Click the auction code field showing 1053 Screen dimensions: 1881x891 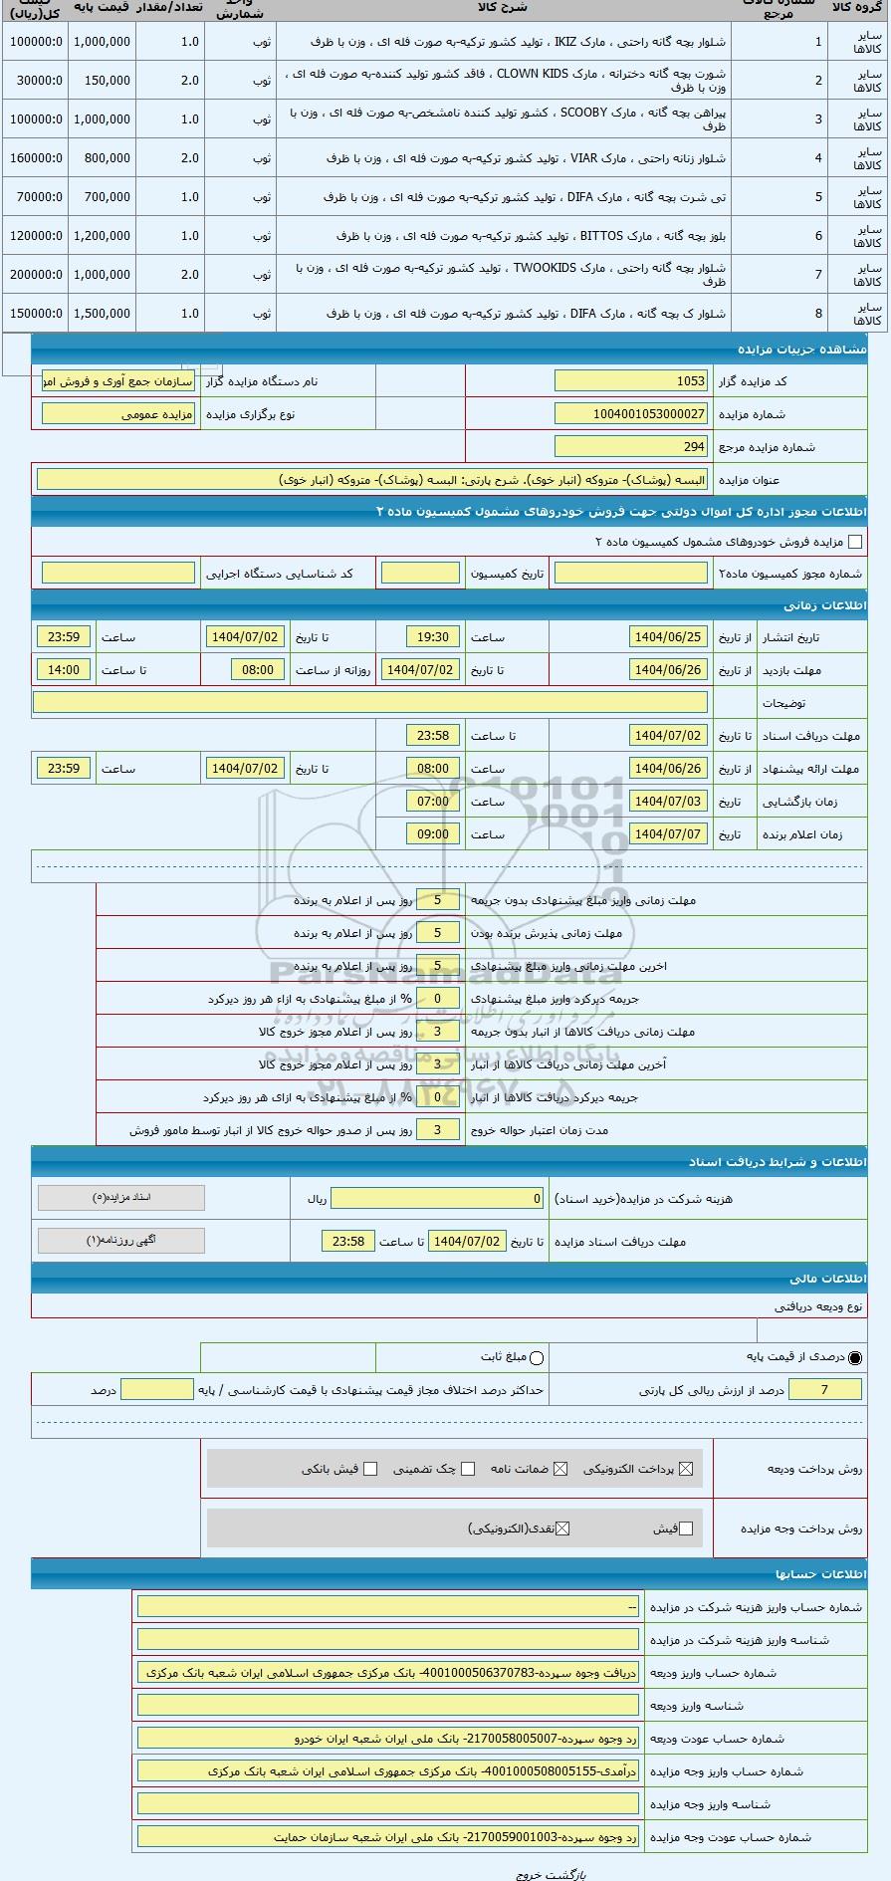631,380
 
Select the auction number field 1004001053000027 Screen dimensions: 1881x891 631,413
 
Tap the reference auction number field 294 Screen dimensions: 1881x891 631,446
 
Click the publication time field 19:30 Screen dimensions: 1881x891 433,636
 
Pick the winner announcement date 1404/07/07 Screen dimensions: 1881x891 668,833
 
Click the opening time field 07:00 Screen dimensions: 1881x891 433,801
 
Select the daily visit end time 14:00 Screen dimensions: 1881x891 64,669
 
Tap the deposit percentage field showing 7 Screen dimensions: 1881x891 824,1389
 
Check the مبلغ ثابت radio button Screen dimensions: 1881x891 537,1357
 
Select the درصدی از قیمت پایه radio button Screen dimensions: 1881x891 854,1357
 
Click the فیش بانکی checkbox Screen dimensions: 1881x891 370,1469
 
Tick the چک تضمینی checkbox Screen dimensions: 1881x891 468,1469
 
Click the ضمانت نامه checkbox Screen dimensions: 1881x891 560,1469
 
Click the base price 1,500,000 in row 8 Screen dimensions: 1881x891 102,314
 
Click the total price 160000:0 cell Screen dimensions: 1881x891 36,158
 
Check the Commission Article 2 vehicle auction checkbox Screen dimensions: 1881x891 854,542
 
